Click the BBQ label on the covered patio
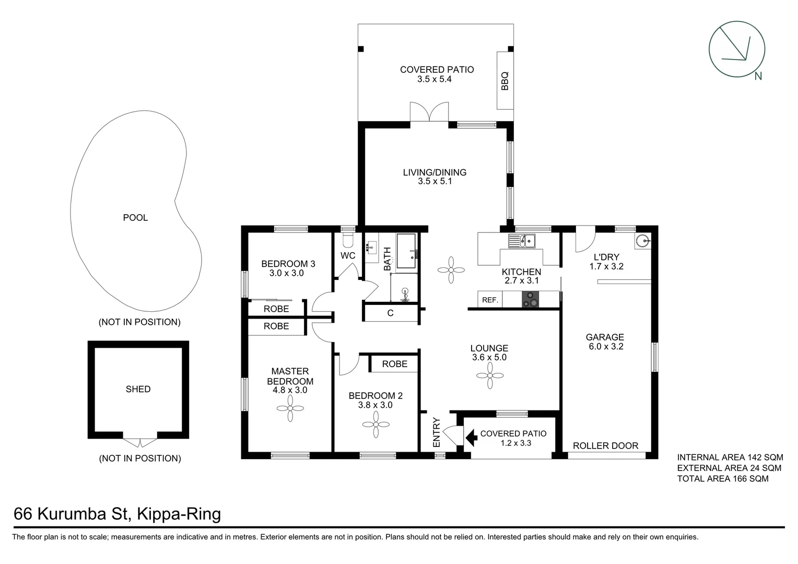pyautogui.click(x=504, y=81)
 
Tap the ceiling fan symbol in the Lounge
pyautogui.click(x=490, y=375)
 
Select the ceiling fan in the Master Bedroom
pyautogui.click(x=290, y=408)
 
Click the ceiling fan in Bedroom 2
pyautogui.click(x=376, y=425)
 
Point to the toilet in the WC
pyautogui.click(x=347, y=240)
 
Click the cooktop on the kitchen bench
pyautogui.click(x=531, y=300)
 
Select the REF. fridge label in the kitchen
pyautogui.click(x=490, y=300)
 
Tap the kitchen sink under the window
pyautogui.click(x=522, y=241)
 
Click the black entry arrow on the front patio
pyautogui.click(x=471, y=438)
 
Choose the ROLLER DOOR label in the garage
pyautogui.click(x=605, y=445)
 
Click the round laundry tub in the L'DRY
pyautogui.click(x=643, y=241)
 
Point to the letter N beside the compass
pyautogui.click(x=758, y=76)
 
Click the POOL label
pyautogui.click(x=135, y=218)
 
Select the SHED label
pyautogui.click(x=138, y=389)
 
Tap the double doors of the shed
pyautogui.click(x=140, y=442)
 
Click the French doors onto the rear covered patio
pyautogui.click(x=429, y=112)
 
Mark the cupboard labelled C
pyautogui.click(x=390, y=313)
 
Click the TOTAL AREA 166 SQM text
pyautogui.click(x=722, y=478)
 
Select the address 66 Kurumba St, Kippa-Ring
pyautogui.click(x=117, y=514)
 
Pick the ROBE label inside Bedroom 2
pyautogui.click(x=394, y=364)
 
